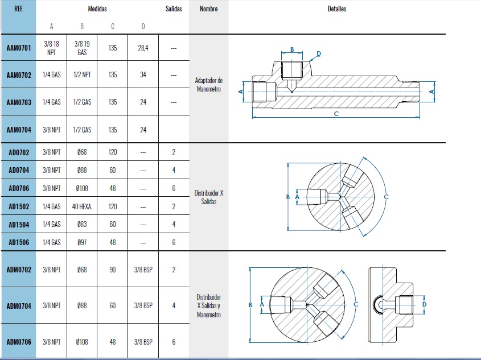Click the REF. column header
click(18, 9)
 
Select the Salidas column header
click(174, 9)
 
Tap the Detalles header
click(337, 9)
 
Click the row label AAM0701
click(18, 48)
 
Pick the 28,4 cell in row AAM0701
click(143, 48)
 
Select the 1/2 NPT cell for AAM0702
click(83, 75)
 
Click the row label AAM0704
click(18, 130)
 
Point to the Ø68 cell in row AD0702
click(83, 152)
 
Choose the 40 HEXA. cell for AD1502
click(83, 206)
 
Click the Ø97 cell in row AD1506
click(83, 242)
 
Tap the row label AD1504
click(19, 224)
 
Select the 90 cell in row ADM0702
click(113, 270)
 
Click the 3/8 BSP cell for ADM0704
click(143, 305)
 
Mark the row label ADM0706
click(19, 342)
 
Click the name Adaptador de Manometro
click(208, 84)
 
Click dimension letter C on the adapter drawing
click(336, 114)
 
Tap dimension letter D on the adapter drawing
click(319, 53)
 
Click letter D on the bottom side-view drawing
click(425, 304)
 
